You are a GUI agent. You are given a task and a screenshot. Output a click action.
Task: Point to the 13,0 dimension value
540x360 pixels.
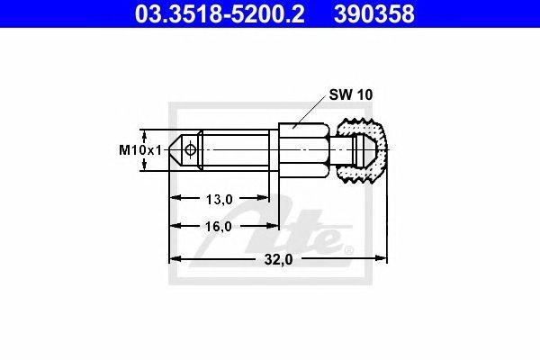pyautogui.click(x=220, y=197)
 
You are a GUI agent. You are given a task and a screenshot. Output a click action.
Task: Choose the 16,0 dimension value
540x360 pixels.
pyautogui.click(x=220, y=227)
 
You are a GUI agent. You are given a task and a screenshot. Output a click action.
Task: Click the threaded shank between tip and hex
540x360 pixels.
pyautogui.click(x=234, y=150)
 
